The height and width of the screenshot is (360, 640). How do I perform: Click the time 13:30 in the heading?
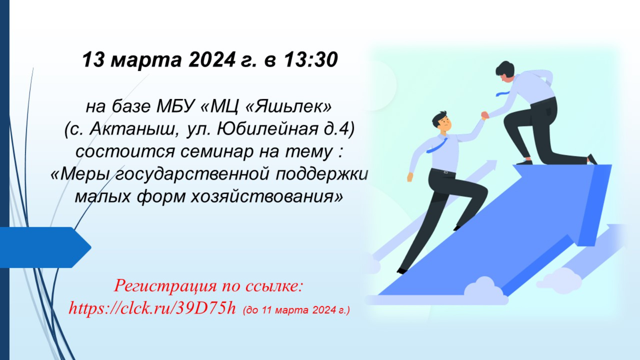pyautogui.click(x=311, y=60)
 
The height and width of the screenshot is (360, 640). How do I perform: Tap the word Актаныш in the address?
pyautogui.click(x=132, y=129)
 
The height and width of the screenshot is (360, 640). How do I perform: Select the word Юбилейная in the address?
pyautogui.click(x=268, y=129)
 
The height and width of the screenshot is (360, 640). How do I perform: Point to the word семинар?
pyautogui.click(x=217, y=152)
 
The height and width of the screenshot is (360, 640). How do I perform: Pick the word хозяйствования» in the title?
pyautogui.click(x=266, y=197)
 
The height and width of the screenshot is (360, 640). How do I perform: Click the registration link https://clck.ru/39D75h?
pyautogui.click(x=152, y=308)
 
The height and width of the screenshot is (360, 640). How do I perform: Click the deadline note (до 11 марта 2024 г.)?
pyautogui.click(x=296, y=310)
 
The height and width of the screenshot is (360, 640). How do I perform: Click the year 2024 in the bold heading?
pyautogui.click(x=212, y=60)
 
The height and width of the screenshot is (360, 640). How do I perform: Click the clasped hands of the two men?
pyautogui.click(x=485, y=115)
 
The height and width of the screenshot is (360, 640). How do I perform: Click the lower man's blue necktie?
pyautogui.click(x=436, y=146)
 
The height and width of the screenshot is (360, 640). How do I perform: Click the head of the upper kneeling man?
pyautogui.click(x=504, y=72)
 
